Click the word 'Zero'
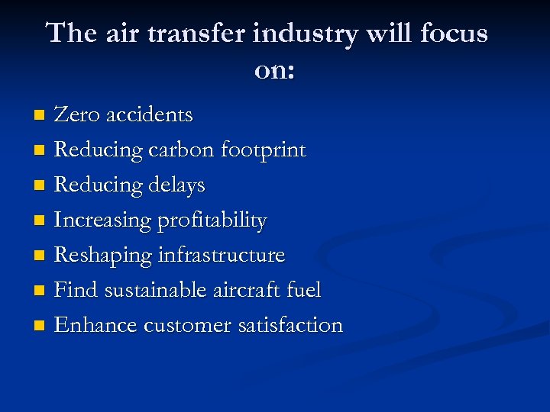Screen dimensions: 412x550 click(x=77, y=114)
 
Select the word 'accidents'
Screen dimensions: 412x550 click(x=150, y=114)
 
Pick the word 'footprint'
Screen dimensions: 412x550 click(x=263, y=150)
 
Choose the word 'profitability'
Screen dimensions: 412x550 click(x=212, y=220)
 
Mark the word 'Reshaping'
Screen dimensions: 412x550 click(x=103, y=256)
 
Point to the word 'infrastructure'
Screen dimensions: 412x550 click(x=222, y=255)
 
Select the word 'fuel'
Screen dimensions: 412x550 click(x=305, y=290)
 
